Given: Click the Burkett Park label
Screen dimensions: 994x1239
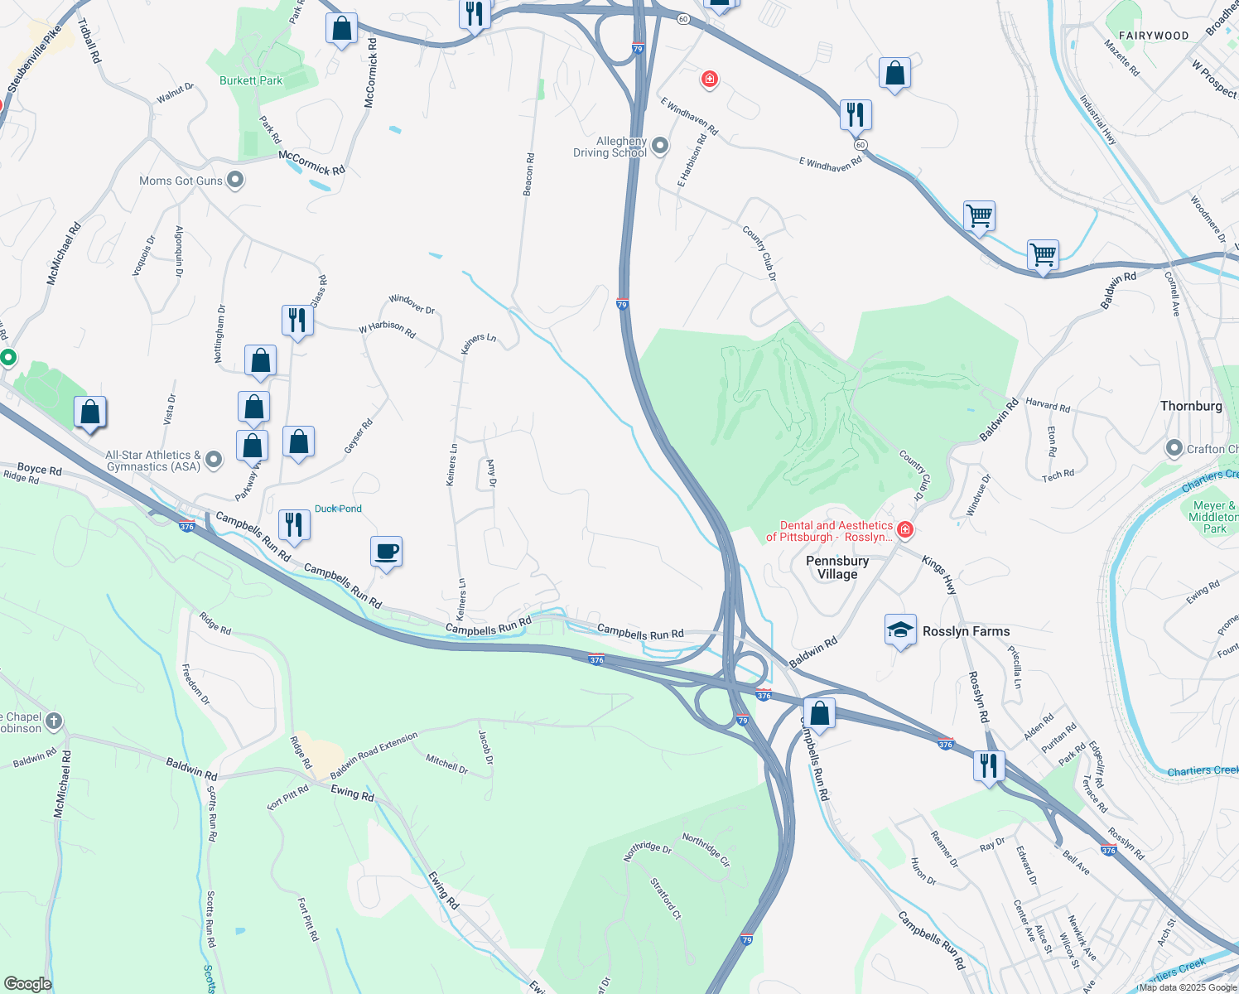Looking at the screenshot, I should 251,80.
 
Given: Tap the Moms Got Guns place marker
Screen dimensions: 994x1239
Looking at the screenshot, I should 235,180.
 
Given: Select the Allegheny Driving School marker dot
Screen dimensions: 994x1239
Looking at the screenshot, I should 660,147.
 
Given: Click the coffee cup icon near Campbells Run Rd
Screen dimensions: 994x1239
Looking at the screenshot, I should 386,552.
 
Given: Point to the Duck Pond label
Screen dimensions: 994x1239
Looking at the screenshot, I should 338,509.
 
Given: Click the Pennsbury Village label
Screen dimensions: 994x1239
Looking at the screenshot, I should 837,567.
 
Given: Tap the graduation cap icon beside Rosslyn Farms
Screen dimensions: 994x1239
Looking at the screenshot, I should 900,630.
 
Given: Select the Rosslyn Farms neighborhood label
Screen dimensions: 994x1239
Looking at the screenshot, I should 966,631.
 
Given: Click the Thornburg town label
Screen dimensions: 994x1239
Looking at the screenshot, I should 1191,406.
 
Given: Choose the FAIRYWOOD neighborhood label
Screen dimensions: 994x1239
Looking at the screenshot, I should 1154,36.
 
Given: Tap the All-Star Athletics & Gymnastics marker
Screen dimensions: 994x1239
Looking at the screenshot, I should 214,460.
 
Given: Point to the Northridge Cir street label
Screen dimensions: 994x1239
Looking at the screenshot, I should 706,849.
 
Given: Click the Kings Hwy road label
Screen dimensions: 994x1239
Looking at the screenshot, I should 940,575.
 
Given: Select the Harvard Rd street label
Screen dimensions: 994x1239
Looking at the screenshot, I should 1048,405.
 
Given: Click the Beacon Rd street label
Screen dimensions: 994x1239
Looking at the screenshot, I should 528,175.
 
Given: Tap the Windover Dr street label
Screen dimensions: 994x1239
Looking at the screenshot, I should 412,304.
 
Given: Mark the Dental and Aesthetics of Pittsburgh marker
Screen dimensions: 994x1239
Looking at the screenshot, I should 905,529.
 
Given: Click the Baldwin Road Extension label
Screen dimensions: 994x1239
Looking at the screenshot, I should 374,755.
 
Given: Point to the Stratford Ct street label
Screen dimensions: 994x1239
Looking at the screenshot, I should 666,899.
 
